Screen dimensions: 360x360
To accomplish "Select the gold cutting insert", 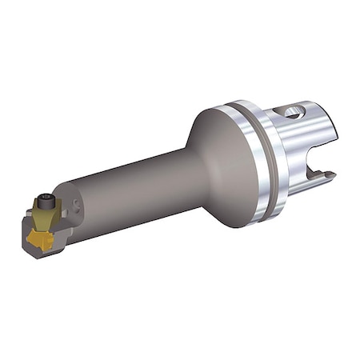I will click(x=40, y=238).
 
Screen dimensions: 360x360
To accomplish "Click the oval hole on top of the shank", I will click(x=293, y=113).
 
